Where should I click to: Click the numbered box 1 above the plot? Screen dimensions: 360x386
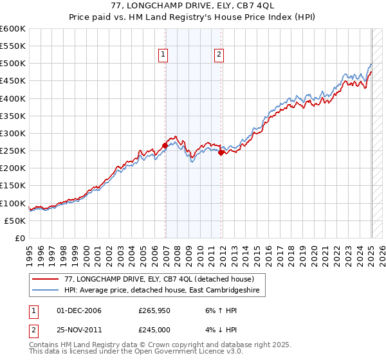click(x=164, y=55)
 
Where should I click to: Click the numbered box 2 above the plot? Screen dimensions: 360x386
click(x=219, y=55)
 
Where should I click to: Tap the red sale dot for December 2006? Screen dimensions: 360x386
click(x=165, y=145)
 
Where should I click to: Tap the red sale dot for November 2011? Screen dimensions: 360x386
click(x=221, y=152)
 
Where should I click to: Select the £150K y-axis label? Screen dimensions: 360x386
click(x=13, y=186)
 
